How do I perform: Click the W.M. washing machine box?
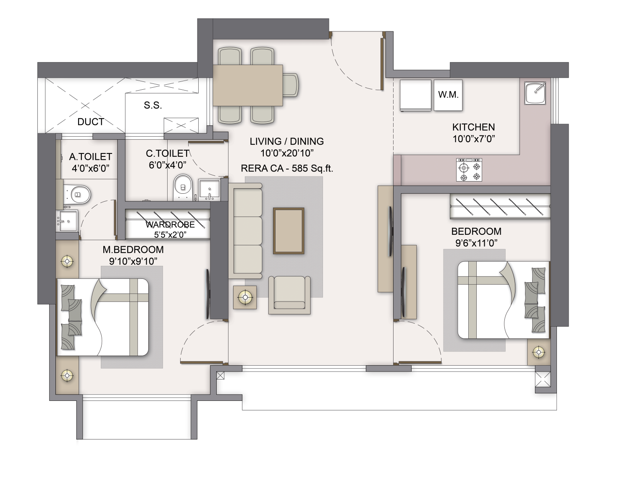pyautogui.click(x=448, y=95)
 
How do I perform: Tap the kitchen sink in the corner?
pyautogui.click(x=535, y=93)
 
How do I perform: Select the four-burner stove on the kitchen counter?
pyautogui.click(x=469, y=169)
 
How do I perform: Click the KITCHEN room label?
pyautogui.click(x=473, y=127)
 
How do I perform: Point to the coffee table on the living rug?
pyautogui.click(x=289, y=230)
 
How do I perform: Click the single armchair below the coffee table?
pyautogui.click(x=289, y=294)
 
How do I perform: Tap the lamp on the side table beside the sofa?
pyautogui.click(x=244, y=297)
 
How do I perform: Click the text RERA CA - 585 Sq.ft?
pyautogui.click(x=287, y=169)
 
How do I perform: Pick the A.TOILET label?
pyautogui.click(x=90, y=157)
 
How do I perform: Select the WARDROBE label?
pyautogui.click(x=170, y=224)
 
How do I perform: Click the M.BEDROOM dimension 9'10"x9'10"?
pyautogui.click(x=133, y=261)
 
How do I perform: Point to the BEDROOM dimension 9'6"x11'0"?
pyautogui.click(x=476, y=243)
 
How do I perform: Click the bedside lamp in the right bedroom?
pyautogui.click(x=538, y=352)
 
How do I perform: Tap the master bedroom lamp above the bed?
pyautogui.click(x=67, y=261)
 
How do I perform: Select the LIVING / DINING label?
pyautogui.click(x=286, y=141)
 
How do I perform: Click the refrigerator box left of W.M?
pyautogui.click(x=415, y=95)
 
